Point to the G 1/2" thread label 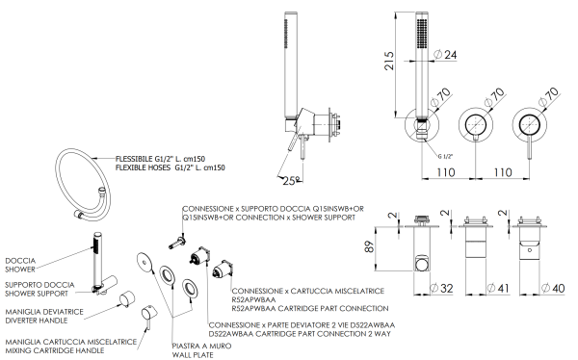(x=446, y=155)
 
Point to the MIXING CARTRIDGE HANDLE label (x=54, y=350)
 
